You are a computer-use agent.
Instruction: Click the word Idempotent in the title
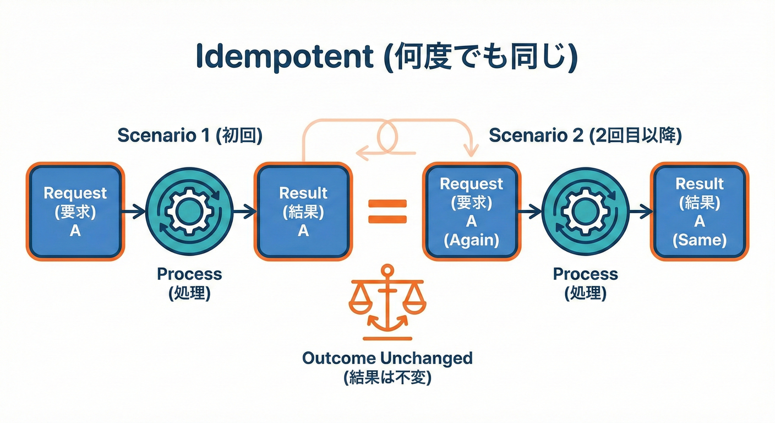(283, 58)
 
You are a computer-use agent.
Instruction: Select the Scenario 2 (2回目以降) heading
(585, 135)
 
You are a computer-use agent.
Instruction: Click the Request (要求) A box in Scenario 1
(75, 211)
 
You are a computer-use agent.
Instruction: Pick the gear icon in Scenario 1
(189, 211)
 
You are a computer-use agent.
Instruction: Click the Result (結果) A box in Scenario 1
(303, 211)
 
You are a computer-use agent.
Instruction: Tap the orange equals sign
(387, 211)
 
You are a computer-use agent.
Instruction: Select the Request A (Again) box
(471, 211)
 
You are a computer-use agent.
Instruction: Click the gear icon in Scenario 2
(585, 211)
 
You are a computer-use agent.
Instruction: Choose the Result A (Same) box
(700, 211)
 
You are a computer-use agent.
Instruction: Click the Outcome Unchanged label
(387, 359)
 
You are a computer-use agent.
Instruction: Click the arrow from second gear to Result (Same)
(641, 211)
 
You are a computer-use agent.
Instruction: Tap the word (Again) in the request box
(471, 241)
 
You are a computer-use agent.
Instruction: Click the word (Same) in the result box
(700, 240)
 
